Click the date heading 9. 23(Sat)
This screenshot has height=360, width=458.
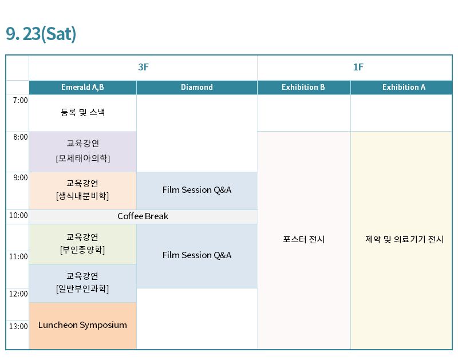point(41,34)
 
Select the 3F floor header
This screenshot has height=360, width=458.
point(144,67)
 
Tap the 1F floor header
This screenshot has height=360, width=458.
point(358,67)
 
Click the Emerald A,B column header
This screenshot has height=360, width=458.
point(82,88)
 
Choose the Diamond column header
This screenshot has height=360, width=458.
point(197,88)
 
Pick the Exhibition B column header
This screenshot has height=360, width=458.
point(303,88)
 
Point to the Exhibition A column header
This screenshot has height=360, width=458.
point(404,88)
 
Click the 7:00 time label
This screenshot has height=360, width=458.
point(21,100)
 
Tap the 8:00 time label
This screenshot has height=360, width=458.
point(21,137)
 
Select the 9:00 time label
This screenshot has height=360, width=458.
point(21,177)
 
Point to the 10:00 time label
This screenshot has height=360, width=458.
point(18,215)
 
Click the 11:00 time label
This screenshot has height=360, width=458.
point(18,256)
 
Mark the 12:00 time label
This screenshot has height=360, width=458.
point(18,294)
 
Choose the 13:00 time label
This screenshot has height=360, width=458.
point(18,326)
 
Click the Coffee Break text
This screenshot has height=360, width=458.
point(143,216)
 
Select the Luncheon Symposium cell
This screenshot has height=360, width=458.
point(82,326)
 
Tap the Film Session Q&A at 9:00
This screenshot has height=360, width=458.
point(197,190)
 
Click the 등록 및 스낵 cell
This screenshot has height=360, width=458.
point(82,113)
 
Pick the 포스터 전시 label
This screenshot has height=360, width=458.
point(304,239)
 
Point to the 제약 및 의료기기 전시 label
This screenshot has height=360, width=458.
point(405,239)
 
